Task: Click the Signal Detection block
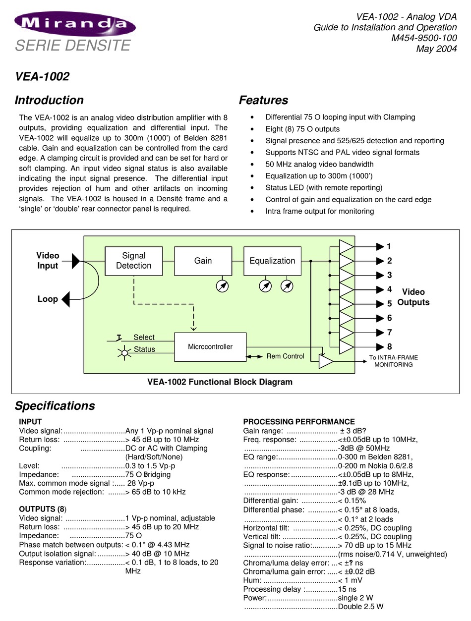[133, 261]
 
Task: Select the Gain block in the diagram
[203, 261]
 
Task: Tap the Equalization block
[272, 261]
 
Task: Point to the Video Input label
[48, 261]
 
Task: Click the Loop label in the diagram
[48, 299]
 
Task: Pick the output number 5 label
[390, 304]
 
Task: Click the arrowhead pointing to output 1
[380, 247]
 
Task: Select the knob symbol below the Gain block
[222, 286]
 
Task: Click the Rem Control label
[285, 356]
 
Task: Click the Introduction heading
[49, 100]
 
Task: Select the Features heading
[263, 100]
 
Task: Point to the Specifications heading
[55, 406]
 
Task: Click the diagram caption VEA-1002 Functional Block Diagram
[220, 382]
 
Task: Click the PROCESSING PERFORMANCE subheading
[298, 422]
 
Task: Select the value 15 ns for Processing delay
[347, 589]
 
